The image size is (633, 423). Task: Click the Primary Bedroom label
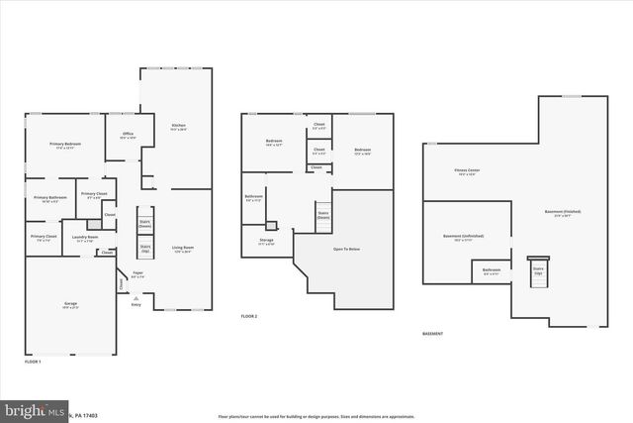(x=65, y=146)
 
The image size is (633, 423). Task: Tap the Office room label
(x=128, y=135)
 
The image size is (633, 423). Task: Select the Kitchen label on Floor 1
(x=178, y=127)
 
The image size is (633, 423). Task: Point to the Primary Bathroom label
(x=48, y=198)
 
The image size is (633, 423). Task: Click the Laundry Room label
(x=85, y=238)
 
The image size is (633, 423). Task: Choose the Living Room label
(x=182, y=249)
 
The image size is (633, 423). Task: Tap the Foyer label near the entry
(x=137, y=272)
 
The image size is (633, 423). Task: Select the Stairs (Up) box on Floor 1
(x=144, y=249)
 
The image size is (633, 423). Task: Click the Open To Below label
(x=347, y=248)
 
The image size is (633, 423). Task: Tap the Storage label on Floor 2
(x=266, y=241)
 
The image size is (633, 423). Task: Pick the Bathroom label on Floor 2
(x=254, y=197)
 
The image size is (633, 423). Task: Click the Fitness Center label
(x=468, y=171)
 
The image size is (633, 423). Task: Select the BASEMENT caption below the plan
(x=432, y=334)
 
